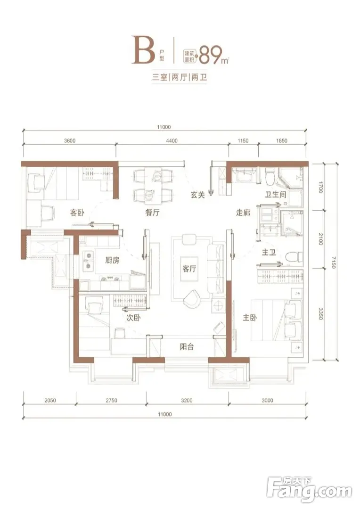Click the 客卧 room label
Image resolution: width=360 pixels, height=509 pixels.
point(77,213)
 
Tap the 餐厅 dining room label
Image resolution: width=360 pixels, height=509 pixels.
point(152,213)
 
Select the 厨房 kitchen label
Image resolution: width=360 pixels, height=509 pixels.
point(112,260)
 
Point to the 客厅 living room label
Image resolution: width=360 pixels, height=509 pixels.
point(189,269)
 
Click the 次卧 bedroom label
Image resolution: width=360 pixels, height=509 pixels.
point(133,318)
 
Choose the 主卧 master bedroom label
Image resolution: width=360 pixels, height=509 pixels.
point(250,317)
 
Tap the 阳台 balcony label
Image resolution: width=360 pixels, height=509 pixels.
point(187,347)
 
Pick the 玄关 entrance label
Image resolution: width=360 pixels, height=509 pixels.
point(198,195)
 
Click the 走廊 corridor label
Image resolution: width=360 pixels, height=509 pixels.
point(243,213)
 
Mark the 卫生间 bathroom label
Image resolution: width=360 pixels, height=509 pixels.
point(275,195)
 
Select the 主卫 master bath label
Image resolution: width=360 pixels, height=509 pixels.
point(269,252)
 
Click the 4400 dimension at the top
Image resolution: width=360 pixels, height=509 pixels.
point(172,140)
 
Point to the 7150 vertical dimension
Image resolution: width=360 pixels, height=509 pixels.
point(334,263)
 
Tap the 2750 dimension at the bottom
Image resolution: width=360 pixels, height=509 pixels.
point(111,400)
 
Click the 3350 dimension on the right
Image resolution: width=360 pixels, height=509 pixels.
point(320,313)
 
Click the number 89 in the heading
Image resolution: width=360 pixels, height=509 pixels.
point(210,55)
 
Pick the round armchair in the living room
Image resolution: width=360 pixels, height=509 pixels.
point(192,298)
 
